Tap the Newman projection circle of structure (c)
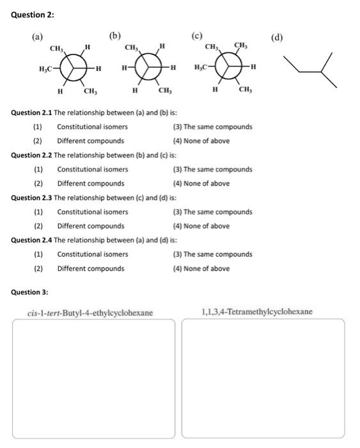tap(229, 68)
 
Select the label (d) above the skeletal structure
tap(277, 37)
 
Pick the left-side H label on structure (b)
tap(123, 68)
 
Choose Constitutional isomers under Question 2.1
tap(92, 127)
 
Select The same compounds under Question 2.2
tap(213, 170)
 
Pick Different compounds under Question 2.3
tap(91, 226)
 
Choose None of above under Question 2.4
tap(201, 268)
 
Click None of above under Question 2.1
tap(201, 141)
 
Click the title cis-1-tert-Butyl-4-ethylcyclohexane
tap(90, 313)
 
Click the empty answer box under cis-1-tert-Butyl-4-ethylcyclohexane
tap(93, 379)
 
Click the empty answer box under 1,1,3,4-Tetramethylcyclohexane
tap(263, 379)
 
